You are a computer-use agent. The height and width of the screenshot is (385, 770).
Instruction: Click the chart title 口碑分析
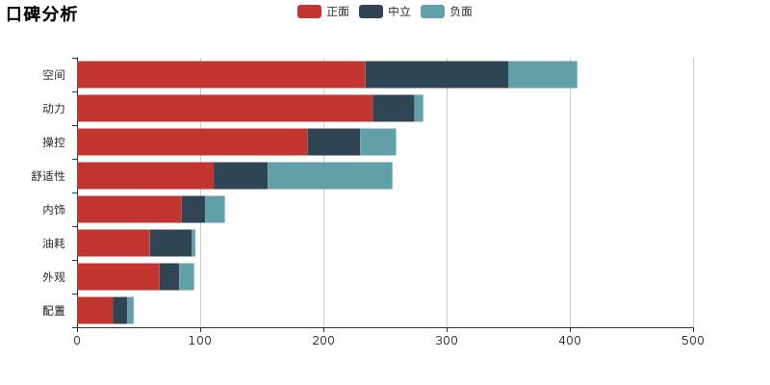coord(41,13)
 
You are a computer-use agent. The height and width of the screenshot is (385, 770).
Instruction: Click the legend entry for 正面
coord(323,12)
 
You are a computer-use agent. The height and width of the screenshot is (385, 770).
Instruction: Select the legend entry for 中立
coord(385,12)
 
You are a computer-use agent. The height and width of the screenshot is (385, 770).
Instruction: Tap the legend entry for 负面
coord(447,12)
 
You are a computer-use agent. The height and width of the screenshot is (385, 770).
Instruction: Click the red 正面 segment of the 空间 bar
coord(221,75)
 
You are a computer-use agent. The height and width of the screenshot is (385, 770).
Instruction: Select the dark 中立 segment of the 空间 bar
coord(437,75)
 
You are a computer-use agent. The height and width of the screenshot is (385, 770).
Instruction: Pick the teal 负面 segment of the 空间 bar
coord(543,75)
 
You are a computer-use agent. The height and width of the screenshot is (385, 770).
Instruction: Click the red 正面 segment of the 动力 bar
coord(225,109)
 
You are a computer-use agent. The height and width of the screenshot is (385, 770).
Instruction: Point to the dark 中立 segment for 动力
coord(394,109)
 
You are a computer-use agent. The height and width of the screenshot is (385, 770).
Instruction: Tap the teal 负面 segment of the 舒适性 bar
coord(330,176)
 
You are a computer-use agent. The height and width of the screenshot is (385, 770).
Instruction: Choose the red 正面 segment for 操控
coord(192,142)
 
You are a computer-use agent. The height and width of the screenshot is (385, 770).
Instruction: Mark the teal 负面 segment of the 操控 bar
coord(378,142)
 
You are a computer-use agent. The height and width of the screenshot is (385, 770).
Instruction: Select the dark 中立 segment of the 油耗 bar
coord(170,244)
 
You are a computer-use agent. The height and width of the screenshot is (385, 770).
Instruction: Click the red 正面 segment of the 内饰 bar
coord(129,210)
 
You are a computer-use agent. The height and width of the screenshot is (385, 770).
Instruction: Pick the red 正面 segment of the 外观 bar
coord(118,277)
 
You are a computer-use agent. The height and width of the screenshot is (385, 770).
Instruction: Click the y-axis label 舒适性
coord(48,176)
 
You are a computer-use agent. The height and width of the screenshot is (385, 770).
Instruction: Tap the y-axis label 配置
coord(54,311)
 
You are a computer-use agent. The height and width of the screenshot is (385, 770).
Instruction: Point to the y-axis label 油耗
coord(54,244)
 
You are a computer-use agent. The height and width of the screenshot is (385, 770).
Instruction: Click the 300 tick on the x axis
coord(447,340)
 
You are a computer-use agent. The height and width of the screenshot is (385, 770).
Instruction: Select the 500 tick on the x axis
coord(693,340)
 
